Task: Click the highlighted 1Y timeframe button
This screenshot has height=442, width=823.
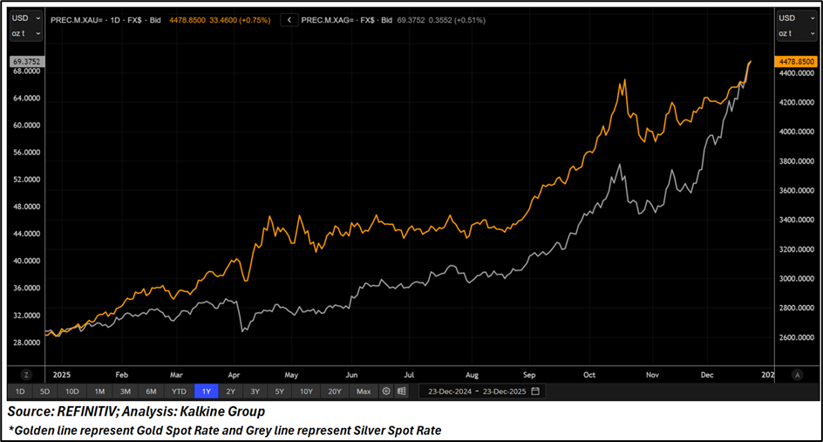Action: [x=207, y=391]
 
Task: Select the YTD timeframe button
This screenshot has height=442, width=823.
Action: [x=179, y=391]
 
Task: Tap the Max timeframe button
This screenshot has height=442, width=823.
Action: [x=364, y=391]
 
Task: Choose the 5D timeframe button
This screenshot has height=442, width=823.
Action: [x=45, y=391]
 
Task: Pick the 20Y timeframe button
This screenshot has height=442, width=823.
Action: [x=335, y=391]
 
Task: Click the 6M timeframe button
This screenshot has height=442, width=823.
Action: [x=152, y=391]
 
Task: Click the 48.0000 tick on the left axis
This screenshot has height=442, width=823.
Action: [x=26, y=207]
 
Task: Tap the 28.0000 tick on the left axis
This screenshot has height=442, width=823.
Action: [x=26, y=343]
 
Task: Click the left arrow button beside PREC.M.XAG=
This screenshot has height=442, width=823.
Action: [x=289, y=19]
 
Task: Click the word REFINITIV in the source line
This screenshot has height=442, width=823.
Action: [x=84, y=411]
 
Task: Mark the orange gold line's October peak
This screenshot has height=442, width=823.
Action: [x=622, y=82]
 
